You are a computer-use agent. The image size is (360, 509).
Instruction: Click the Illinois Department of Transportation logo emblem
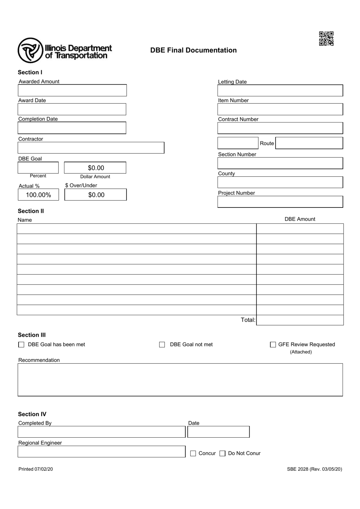[x=30, y=50]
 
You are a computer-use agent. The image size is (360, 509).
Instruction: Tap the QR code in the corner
[x=326, y=39]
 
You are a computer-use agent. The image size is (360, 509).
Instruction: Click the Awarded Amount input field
[x=72, y=90]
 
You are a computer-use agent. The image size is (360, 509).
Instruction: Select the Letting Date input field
[x=280, y=91]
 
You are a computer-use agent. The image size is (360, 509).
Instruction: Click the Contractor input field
[x=91, y=148]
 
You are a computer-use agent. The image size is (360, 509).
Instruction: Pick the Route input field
[x=309, y=143]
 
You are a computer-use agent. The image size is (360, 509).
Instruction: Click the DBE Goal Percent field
[x=38, y=168]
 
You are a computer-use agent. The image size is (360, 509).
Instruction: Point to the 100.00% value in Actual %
[x=38, y=195]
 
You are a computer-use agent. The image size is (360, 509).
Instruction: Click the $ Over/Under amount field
[x=96, y=195]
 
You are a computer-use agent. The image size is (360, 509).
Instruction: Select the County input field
[x=280, y=182]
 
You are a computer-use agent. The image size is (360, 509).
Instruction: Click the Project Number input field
[x=280, y=202]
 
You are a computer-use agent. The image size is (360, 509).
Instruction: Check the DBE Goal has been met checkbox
[x=21, y=345]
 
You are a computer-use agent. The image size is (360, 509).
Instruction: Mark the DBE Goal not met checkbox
[x=162, y=345]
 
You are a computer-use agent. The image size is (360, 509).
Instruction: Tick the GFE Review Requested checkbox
[x=273, y=345]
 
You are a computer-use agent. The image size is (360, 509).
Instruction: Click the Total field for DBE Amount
[x=300, y=320]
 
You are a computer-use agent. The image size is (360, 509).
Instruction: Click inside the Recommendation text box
[x=180, y=380]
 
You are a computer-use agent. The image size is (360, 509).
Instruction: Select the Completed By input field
[x=102, y=432]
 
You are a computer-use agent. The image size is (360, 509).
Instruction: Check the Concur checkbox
[x=193, y=454]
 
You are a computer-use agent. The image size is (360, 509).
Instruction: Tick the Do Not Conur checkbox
[x=223, y=454]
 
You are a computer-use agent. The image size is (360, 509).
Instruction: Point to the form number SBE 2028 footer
[x=314, y=469]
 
